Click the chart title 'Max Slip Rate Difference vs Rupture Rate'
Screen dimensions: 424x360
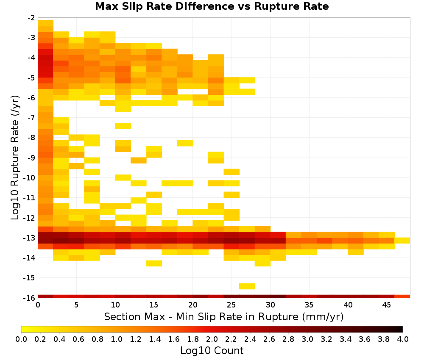[212, 6]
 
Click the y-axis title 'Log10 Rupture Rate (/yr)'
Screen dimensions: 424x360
[15, 158]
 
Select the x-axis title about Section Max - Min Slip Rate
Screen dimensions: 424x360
[223, 316]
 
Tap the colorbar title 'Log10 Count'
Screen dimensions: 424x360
[212, 351]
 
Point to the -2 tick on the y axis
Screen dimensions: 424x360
[31, 18]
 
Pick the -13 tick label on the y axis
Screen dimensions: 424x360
[30, 238]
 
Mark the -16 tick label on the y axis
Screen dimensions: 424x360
[30, 298]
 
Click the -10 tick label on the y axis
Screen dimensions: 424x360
[30, 178]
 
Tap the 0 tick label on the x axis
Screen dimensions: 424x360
[38, 305]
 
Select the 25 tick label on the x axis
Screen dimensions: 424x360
[232, 305]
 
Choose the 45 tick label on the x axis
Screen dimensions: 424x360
[386, 305]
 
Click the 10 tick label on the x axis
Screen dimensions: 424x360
[115, 305]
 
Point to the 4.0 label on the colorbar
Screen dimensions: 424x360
[403, 339]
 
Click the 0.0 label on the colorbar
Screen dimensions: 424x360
[21, 339]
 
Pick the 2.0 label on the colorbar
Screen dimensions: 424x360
[212, 339]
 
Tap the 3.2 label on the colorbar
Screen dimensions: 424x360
[326, 339]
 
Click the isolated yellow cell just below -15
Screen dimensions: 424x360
[247, 286]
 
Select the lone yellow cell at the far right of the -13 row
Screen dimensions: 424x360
[402, 241]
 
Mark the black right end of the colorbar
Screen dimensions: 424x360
[402, 329]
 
